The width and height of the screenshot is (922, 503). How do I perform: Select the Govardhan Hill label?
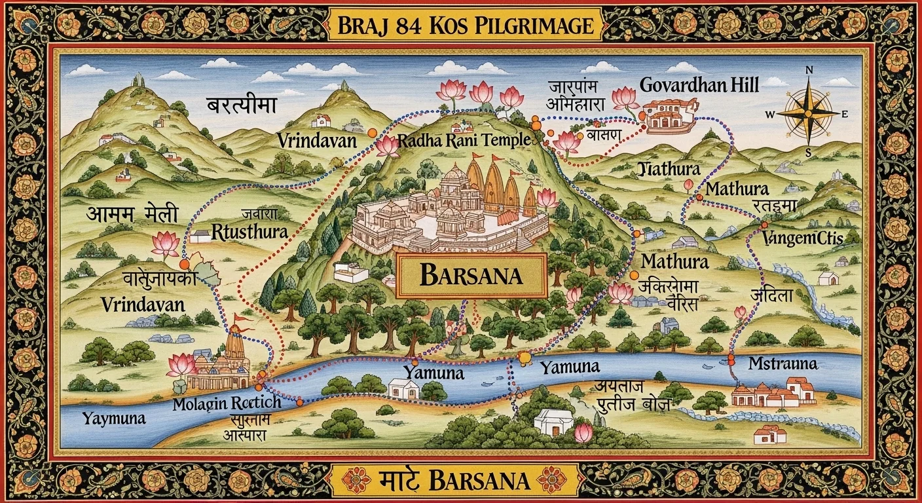[x=699, y=85]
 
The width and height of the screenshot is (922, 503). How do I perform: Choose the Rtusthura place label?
[x=250, y=231]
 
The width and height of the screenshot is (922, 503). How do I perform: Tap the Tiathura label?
[x=669, y=170]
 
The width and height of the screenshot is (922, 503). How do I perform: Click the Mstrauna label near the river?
[x=783, y=363]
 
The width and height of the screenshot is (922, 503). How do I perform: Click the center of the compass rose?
[x=807, y=113]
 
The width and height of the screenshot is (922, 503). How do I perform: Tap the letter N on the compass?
[x=808, y=71]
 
